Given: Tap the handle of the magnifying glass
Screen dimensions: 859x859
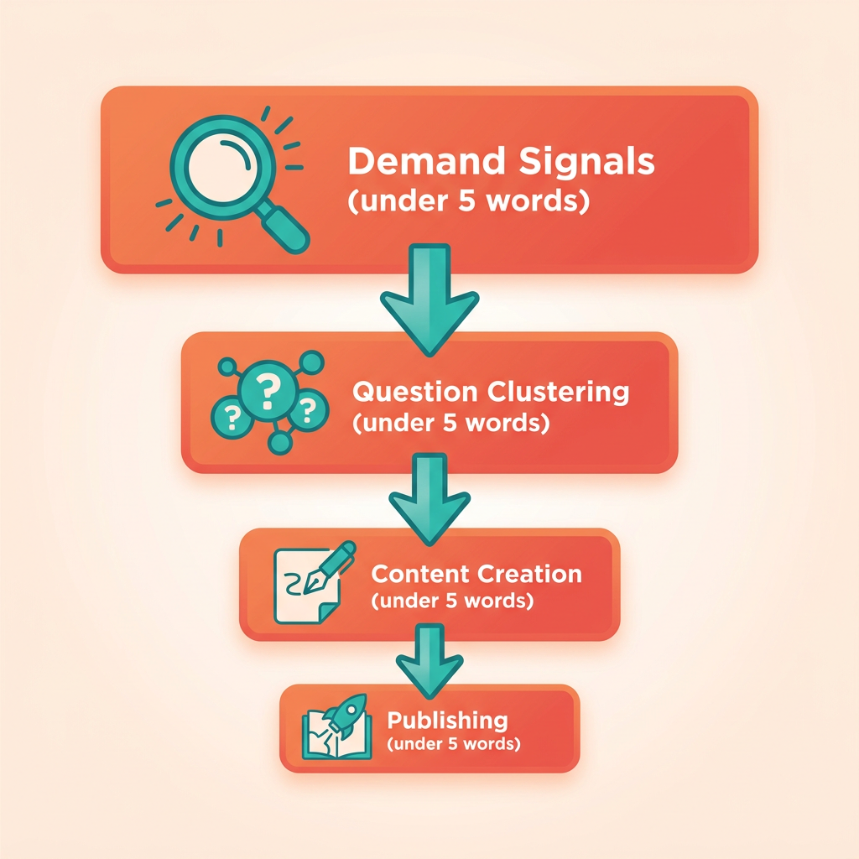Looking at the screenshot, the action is (284, 229).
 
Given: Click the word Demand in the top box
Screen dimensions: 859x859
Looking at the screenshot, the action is (426, 161).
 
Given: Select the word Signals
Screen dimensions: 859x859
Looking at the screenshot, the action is (586, 162).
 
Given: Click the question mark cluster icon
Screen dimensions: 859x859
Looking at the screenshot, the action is (269, 402).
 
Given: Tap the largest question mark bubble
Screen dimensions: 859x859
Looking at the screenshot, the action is (268, 390).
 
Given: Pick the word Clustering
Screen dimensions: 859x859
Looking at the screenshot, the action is (558, 393).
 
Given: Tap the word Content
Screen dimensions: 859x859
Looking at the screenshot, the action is (420, 574).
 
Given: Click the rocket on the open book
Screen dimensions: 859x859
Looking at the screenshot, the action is (344, 715).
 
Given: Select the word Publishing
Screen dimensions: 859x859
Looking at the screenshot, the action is (448, 721).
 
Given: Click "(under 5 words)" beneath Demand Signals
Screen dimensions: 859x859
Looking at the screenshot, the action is (469, 201).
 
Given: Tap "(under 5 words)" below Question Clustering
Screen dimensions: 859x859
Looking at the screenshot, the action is (450, 423).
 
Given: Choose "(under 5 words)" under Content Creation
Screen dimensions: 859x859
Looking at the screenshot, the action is (452, 601).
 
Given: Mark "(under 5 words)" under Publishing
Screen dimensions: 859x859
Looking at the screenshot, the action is (454, 744).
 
